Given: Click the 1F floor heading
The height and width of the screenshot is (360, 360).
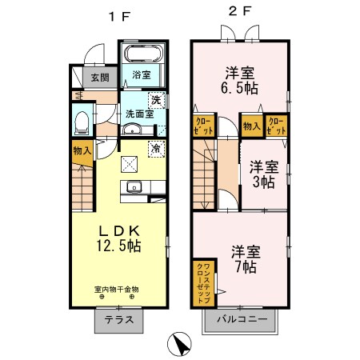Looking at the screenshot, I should pos(117,14).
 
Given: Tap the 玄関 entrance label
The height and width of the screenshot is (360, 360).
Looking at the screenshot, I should pos(99,78).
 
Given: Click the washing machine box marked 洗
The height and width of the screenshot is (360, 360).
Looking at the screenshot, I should pos(158,101).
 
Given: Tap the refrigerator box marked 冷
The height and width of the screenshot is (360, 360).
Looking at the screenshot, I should pos(157,148).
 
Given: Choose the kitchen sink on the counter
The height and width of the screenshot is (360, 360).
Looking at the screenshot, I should pos(134,189).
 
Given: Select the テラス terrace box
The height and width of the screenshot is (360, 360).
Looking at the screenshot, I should pos(118,322).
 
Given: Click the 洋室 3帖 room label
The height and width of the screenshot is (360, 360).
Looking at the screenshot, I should pos(263,174).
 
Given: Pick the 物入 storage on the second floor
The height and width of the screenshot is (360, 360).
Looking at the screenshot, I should pos(251,125).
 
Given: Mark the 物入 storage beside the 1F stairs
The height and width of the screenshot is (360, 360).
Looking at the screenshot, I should pos(82,150).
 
